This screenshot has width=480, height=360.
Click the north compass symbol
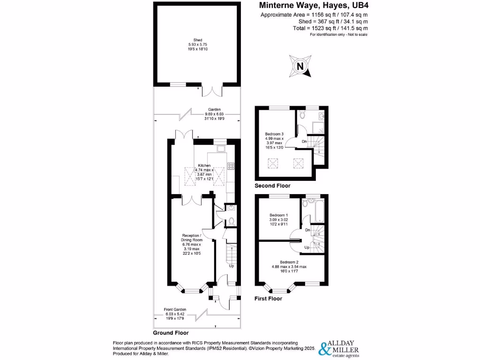[x=300, y=66]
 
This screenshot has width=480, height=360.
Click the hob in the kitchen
[x=230, y=165]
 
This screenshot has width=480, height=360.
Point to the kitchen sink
[x=221, y=150]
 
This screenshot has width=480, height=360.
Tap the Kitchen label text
[x=204, y=165]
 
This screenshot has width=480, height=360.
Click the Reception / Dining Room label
[x=192, y=238]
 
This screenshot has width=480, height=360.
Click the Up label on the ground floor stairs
[x=231, y=266]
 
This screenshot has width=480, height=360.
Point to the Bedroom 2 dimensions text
[x=289, y=267]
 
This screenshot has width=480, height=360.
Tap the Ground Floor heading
[x=171, y=333]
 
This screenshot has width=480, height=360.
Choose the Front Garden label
[x=175, y=309]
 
